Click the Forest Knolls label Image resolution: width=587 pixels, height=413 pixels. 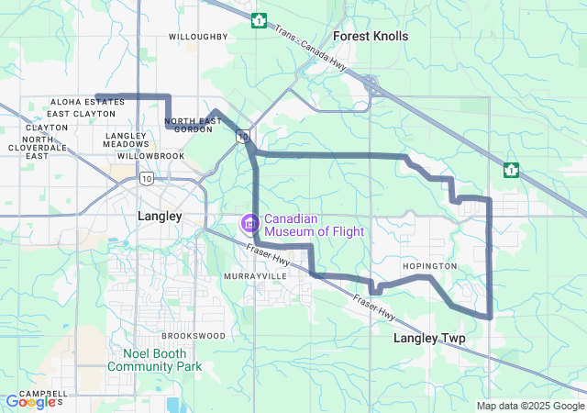pos(371,36)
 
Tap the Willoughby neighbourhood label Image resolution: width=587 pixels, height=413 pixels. pos(198,37)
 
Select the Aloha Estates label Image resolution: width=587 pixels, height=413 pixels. pos(87,102)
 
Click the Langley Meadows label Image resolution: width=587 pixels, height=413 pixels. pos(127,140)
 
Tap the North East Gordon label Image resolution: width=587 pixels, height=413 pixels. pos(194,126)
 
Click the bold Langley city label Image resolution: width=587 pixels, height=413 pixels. pos(160,216)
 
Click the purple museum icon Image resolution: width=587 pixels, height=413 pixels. pos(249,223)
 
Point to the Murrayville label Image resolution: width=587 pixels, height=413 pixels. pos(249,275)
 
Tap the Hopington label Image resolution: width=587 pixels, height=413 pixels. pos(429,266)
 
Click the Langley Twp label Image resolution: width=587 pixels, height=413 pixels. pos(429,339)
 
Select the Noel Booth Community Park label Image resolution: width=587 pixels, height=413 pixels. pos(153,360)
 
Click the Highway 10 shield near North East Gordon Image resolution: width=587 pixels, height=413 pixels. pos(241,137)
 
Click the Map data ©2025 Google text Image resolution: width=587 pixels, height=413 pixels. pos(530,406)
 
